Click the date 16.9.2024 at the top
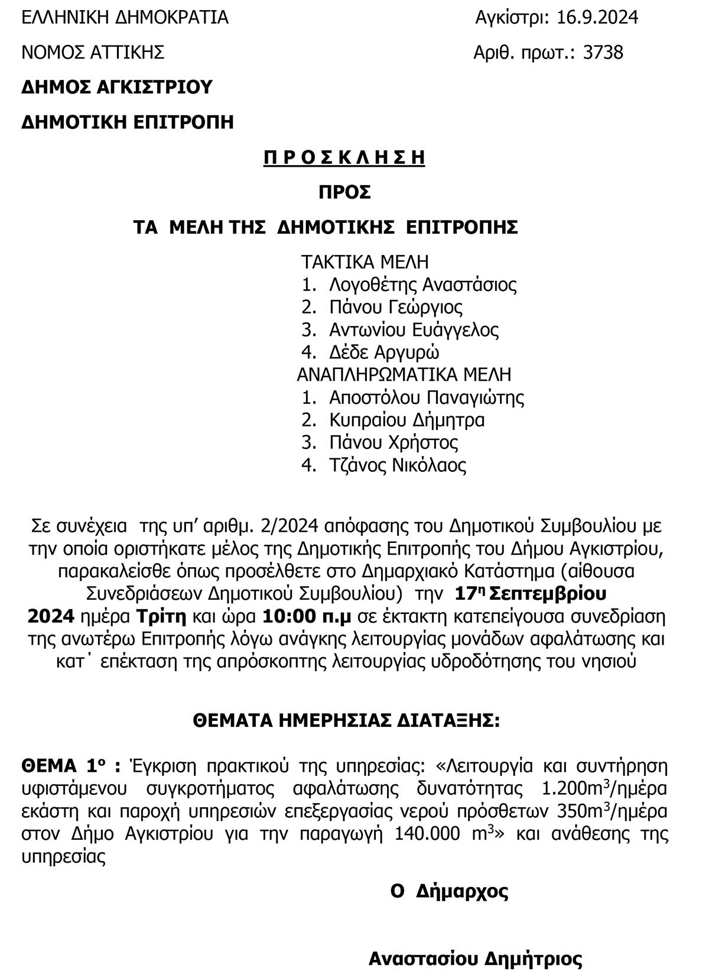click(597, 18)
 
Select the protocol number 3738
click(603, 53)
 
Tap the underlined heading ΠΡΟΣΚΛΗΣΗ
click(344, 158)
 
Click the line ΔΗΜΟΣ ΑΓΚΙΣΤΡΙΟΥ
click(116, 88)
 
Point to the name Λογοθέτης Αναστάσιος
click(422, 284)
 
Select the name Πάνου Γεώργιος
click(396, 307)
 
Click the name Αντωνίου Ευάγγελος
click(414, 329)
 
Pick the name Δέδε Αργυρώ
click(384, 352)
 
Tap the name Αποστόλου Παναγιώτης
click(426, 397)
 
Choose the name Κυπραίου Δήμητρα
click(406, 420)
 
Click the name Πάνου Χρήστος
click(393, 442)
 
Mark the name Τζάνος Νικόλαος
click(398, 465)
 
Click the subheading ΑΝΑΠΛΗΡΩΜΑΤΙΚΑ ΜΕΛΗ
click(404, 375)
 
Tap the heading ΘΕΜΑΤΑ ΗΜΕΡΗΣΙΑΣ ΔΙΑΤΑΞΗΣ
click(346, 722)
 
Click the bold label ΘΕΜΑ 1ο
click(71, 766)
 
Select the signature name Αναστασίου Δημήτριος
click(475, 959)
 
